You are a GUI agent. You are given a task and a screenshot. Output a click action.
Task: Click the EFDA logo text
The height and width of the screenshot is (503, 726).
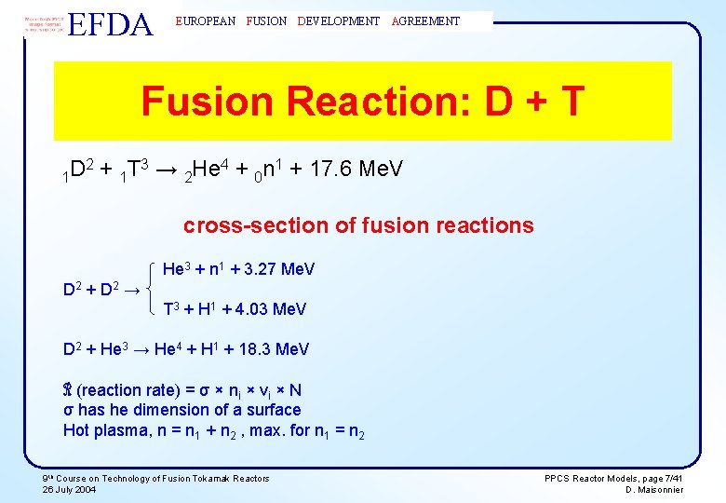click(111, 24)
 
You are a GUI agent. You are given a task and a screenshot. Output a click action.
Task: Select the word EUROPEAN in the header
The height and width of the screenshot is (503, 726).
click(206, 20)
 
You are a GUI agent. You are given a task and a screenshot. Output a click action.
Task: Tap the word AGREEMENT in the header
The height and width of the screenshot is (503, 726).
click(426, 20)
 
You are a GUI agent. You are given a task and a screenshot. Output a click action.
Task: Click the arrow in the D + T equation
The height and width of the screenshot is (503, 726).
click(162, 170)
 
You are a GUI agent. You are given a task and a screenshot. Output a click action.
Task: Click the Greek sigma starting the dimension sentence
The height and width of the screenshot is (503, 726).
click(68, 410)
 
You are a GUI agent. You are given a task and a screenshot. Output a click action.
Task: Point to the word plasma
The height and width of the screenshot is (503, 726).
click(120, 429)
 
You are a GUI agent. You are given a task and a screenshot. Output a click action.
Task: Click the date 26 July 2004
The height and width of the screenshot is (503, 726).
click(69, 490)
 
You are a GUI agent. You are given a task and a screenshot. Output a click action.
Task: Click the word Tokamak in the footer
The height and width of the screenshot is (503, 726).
click(213, 478)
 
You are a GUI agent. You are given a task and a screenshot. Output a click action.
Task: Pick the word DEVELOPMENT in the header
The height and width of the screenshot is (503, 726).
click(339, 20)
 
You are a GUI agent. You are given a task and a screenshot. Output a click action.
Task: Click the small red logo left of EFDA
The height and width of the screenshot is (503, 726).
click(44, 23)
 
